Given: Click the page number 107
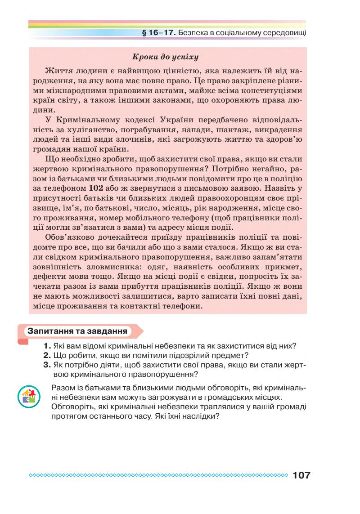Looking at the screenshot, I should [301, 475].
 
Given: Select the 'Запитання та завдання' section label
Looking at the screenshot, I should [76, 331].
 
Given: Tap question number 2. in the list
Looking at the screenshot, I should [47, 355].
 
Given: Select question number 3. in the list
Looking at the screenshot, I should [47, 364].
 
